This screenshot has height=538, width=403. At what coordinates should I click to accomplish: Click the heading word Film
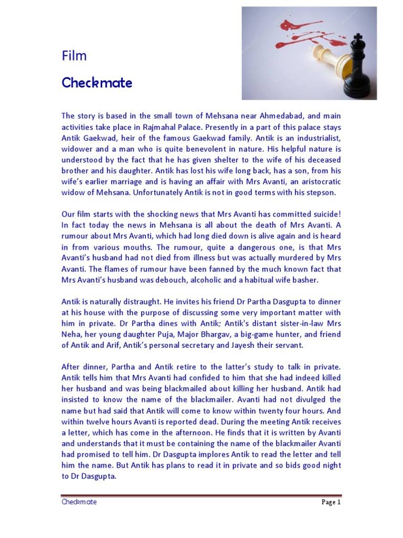pos(74,56)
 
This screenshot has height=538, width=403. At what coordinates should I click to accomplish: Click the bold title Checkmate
pos(97,83)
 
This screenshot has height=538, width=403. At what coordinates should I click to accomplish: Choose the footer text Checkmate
pos(79,502)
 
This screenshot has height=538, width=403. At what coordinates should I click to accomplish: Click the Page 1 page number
pos(331,502)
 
